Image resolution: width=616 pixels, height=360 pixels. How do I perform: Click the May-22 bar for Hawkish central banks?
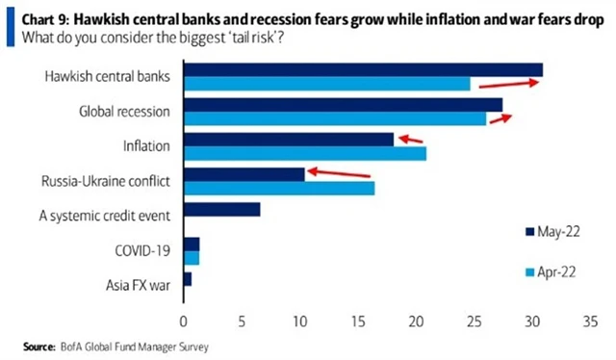pos(362,69)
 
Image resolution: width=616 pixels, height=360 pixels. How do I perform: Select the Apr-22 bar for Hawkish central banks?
pos(326,84)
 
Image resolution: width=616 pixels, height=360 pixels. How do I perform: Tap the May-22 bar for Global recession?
pos(342,105)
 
